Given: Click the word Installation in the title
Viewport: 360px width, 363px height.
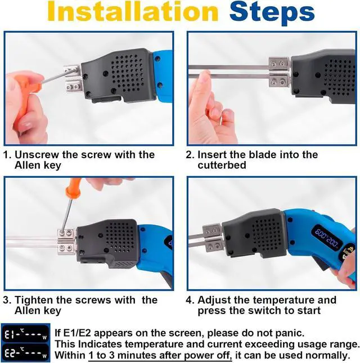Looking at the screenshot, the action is pos(133,12).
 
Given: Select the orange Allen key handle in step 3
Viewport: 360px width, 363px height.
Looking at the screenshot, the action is pos(73,187).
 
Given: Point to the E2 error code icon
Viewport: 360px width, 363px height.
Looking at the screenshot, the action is pos(25,352).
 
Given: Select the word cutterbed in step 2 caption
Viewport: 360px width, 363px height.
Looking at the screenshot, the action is pos(222,165).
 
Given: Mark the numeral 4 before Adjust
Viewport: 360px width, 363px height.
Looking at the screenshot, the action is pos(189,301).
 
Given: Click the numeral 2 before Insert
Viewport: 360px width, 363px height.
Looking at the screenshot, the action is pos(189,155).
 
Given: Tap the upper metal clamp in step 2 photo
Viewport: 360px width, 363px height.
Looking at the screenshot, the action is pos(278,63).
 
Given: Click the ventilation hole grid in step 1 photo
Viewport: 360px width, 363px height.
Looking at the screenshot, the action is pos(127,73).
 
